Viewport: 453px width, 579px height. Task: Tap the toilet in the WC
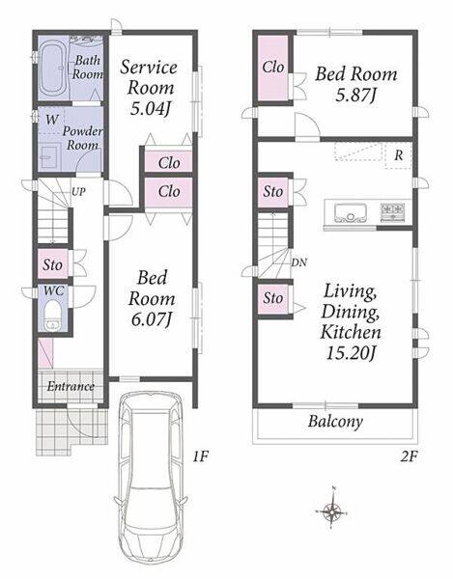coord(52,315)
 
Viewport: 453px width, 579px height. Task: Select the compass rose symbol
coord(332,511)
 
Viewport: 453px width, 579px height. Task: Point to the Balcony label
coord(335,422)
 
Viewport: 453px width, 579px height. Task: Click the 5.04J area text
coord(152,109)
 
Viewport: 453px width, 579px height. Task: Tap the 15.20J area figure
coord(351,353)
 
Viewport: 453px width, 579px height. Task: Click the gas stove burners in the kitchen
coord(392,212)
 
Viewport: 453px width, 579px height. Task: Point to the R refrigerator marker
coord(398,155)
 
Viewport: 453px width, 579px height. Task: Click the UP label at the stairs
coord(78,192)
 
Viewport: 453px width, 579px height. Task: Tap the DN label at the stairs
coord(298,262)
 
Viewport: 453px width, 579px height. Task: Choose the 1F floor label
coord(201,457)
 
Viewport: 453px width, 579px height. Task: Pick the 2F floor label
coord(409,457)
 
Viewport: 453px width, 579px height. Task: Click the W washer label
coord(52,120)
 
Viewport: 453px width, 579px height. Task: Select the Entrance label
coord(71,387)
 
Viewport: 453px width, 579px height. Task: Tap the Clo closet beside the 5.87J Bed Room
coord(273,68)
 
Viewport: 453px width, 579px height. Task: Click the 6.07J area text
coord(152,319)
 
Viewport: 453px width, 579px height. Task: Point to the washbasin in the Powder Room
coord(50,156)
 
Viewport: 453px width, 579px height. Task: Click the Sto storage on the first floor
coord(53,264)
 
